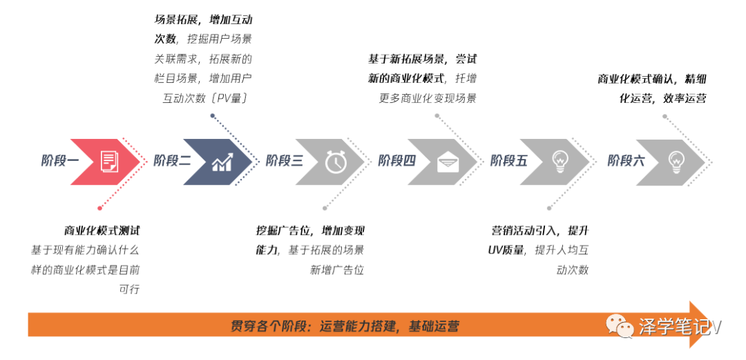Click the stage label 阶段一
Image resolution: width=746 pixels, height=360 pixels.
pos(60,161)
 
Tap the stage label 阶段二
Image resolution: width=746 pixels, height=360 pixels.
pos(172,161)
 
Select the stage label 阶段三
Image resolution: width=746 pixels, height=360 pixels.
pos(285,161)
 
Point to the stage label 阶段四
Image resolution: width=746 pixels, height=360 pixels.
pos(396,161)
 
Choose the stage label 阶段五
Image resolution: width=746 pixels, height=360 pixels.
pos(508,161)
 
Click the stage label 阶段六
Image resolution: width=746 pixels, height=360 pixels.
pos(626,161)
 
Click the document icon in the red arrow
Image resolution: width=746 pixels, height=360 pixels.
pos(109,162)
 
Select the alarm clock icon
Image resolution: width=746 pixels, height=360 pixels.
pos(336,162)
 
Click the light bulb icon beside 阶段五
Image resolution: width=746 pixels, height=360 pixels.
pos(559,162)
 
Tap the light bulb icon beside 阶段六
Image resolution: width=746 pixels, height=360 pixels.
pos(676,162)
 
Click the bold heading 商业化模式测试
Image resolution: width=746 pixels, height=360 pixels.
pos(102,231)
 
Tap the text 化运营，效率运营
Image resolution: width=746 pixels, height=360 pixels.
pos(662,99)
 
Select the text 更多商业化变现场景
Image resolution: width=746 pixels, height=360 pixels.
pos(428,99)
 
